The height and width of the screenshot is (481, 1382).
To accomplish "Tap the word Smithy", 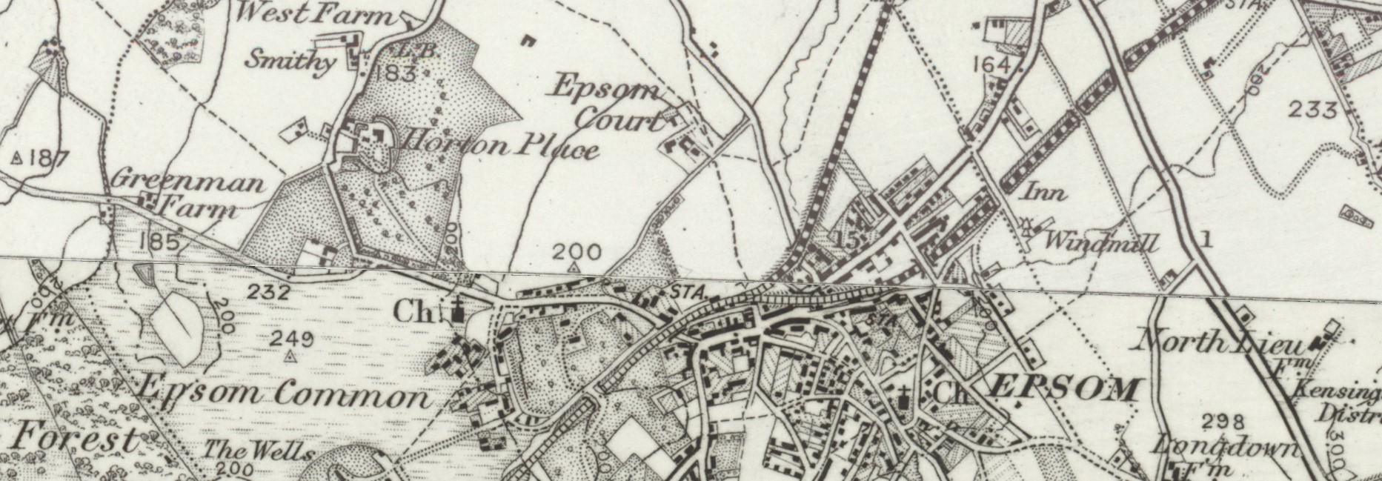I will point(290,59).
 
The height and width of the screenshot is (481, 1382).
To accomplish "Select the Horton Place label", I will point(501,144).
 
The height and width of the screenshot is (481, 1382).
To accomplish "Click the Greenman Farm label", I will point(188,194).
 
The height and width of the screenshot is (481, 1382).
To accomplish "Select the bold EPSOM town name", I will point(1063,388).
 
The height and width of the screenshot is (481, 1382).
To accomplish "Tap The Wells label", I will point(259,450).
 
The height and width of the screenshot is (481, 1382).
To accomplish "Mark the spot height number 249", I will point(291,339).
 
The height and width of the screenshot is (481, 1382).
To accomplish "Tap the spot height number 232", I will point(268,292).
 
